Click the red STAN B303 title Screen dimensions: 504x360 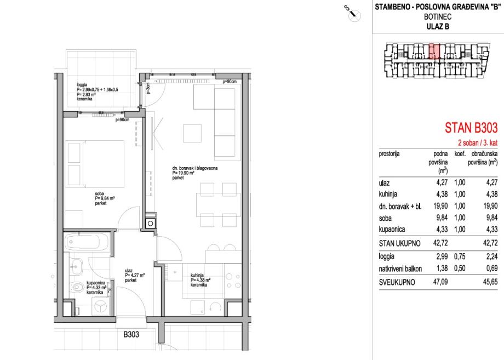click(x=471, y=128)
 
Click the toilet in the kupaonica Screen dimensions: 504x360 click(x=77, y=286)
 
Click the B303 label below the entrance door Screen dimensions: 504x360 click(x=131, y=335)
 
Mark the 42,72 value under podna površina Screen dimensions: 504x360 click(x=440, y=243)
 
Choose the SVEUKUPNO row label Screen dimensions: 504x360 click(x=397, y=282)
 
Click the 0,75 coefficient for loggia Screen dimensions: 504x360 click(x=459, y=256)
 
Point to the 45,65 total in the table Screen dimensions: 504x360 click(x=490, y=282)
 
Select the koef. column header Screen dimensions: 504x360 click(x=460, y=154)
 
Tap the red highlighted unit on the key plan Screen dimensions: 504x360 click(x=434, y=51)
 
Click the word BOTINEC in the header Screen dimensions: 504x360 click(x=438, y=17)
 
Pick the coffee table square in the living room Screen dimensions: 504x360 click(x=192, y=133)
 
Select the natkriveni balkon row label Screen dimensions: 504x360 click(x=400, y=268)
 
